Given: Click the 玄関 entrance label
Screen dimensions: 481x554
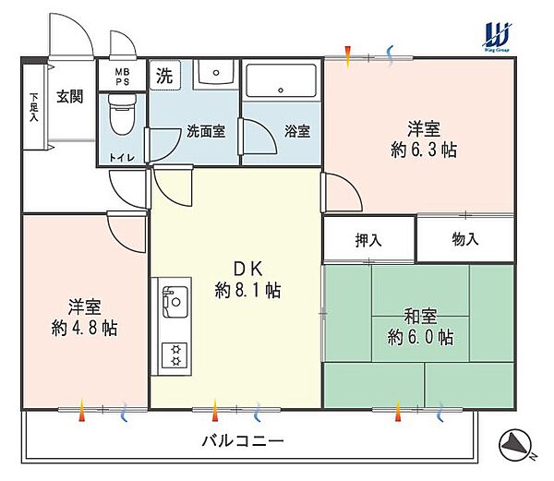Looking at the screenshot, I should click(70, 95).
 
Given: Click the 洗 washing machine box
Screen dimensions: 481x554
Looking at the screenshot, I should click(163, 76).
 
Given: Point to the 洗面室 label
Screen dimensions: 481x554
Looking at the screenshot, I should click(205, 131).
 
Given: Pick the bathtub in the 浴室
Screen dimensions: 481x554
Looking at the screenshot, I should click(283, 85).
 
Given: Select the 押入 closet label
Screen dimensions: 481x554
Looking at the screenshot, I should click(368, 240).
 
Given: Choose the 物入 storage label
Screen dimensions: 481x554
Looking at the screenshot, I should click(465, 240).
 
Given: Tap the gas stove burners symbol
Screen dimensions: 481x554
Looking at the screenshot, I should click(173, 355).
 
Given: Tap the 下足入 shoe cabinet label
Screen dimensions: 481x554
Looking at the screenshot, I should click(34, 106).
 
